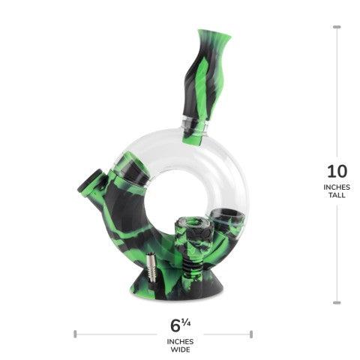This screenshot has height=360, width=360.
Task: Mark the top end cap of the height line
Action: tap(336, 27)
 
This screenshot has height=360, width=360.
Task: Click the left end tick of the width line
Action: tap(75, 333)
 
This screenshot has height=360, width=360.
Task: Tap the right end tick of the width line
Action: tap(251, 333)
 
